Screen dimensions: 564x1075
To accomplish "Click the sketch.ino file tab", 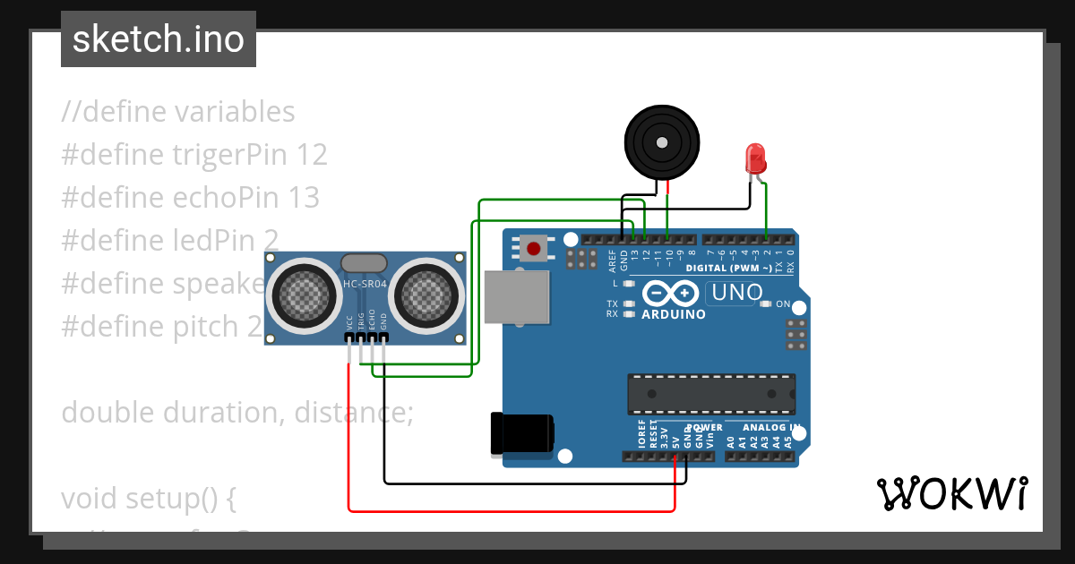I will pyautogui.click(x=158, y=39).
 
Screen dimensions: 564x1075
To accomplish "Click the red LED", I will pyautogui.click(x=755, y=158).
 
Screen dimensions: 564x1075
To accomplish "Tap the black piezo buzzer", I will pyautogui.click(x=661, y=141).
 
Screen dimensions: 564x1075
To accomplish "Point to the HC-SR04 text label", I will pyautogui.click(x=365, y=285).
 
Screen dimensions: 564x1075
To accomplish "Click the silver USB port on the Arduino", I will pyautogui.click(x=517, y=295).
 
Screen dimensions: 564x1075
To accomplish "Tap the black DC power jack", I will pyautogui.click(x=522, y=435).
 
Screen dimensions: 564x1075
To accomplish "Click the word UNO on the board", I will pyautogui.click(x=735, y=292).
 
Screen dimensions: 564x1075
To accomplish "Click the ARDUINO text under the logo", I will pyautogui.click(x=674, y=314).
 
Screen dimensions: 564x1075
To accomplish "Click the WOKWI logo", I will pyautogui.click(x=951, y=493).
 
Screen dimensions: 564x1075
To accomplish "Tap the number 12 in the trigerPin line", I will pyautogui.click(x=311, y=155).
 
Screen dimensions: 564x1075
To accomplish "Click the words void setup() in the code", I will pyautogui.click(x=148, y=498).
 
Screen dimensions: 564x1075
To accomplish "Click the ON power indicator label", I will pyautogui.click(x=783, y=304).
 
